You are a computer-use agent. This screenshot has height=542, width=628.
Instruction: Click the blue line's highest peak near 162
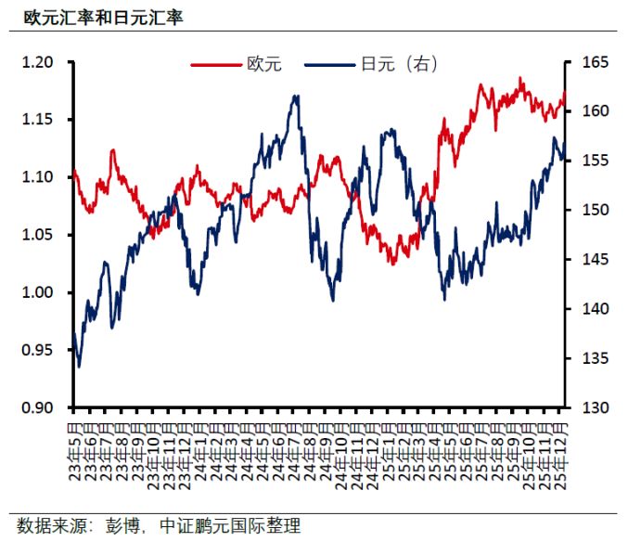click(x=296, y=96)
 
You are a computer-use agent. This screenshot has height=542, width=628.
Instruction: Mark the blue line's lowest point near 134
click(x=79, y=367)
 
